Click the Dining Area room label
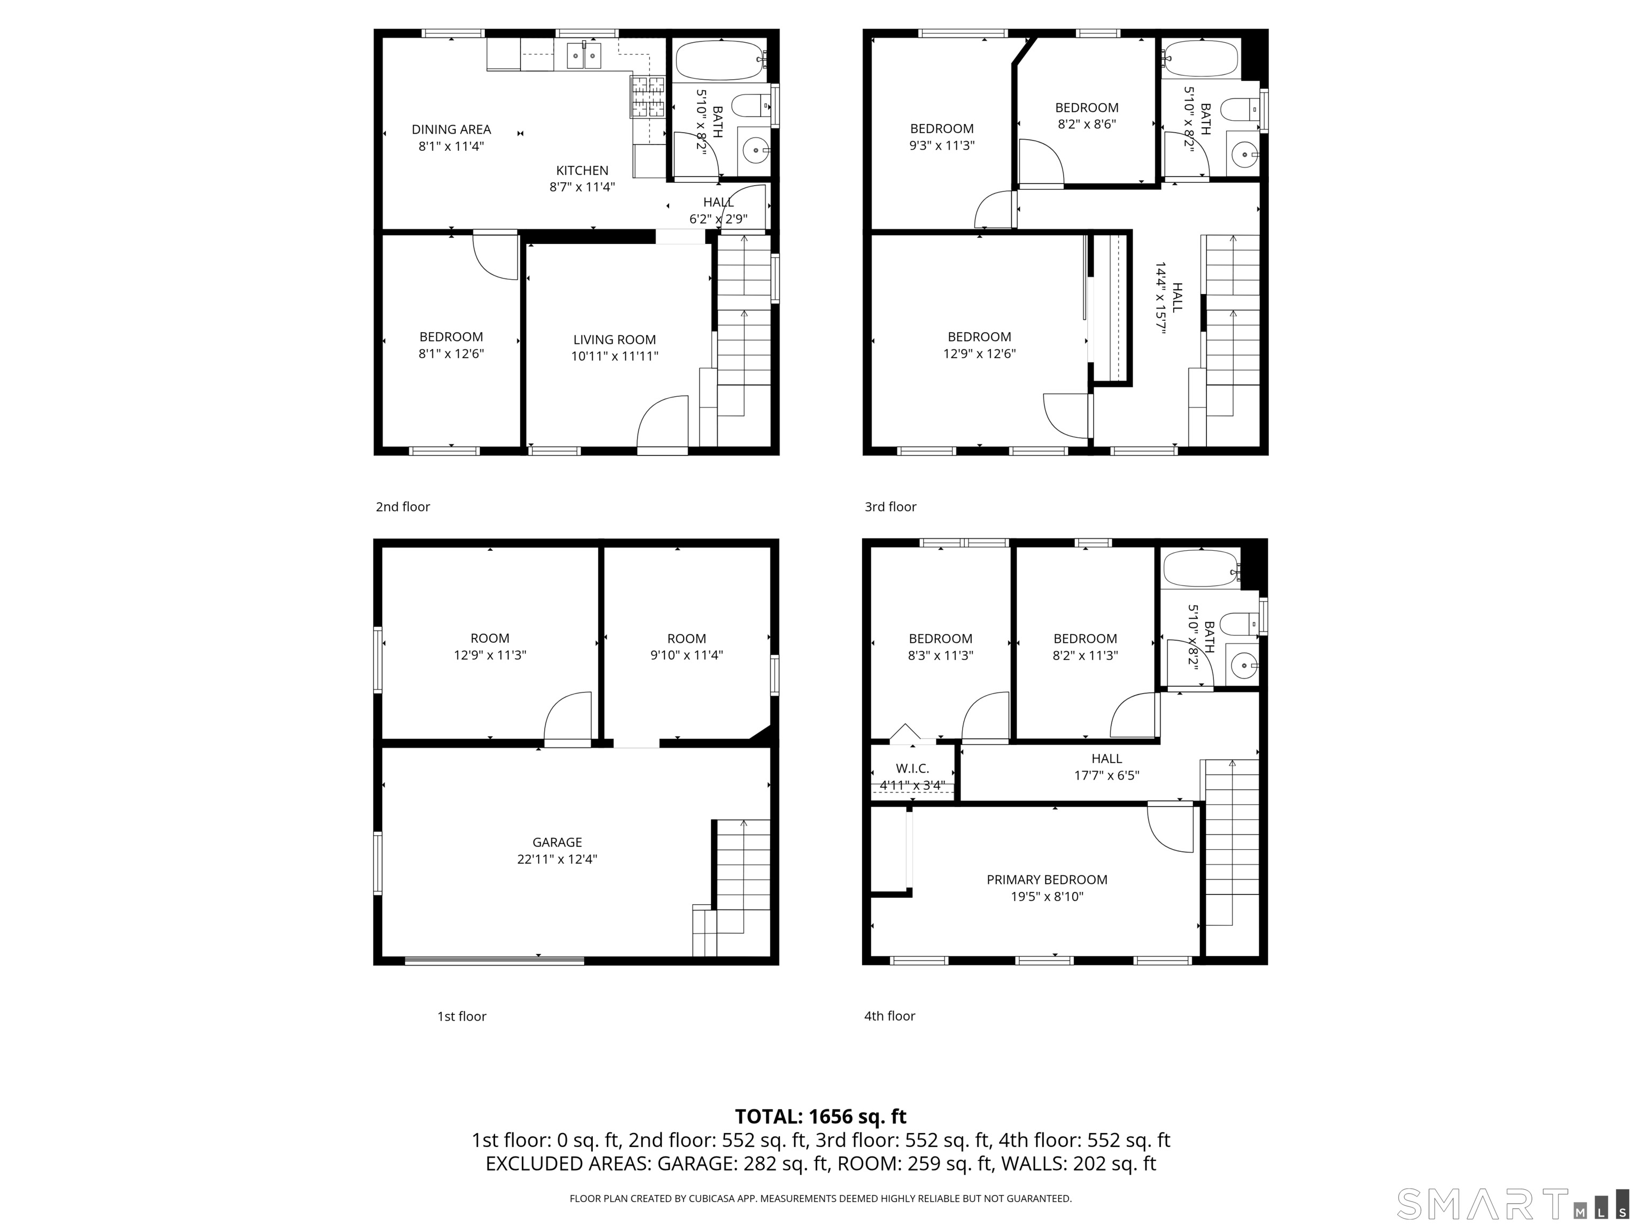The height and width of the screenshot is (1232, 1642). (451, 130)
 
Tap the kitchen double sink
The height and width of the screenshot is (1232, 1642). (584, 56)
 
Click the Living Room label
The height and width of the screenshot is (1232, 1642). (615, 340)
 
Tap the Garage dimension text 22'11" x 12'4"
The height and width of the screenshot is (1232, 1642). (557, 859)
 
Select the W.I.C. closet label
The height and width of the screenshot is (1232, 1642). (912, 768)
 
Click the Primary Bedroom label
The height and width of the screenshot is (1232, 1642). (1047, 879)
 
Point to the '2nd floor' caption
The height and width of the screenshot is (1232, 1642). (402, 506)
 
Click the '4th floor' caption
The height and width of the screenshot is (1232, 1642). (889, 1016)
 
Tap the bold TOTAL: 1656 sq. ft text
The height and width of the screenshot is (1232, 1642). (821, 1116)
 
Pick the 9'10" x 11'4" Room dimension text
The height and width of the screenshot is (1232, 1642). (687, 655)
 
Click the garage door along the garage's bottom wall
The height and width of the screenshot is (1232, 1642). (494, 961)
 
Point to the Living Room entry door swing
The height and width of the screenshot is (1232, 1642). (663, 422)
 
